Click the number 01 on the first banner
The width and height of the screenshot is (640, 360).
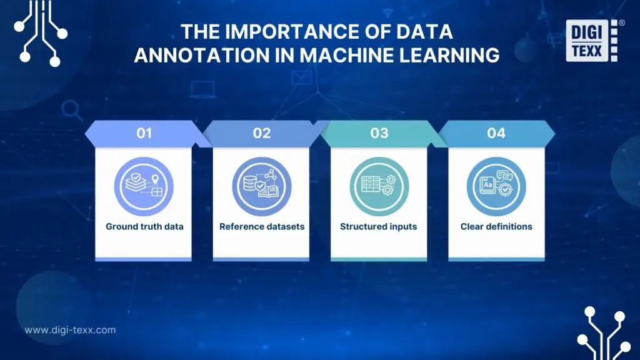(x=144, y=133)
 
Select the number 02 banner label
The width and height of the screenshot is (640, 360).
(x=261, y=133)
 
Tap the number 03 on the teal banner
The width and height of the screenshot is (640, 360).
(x=379, y=133)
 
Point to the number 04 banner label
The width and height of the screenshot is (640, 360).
(x=496, y=133)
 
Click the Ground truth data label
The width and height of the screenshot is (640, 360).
(x=144, y=226)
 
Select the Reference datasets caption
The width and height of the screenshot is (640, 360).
(x=262, y=226)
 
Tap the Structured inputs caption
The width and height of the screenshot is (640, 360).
(x=378, y=226)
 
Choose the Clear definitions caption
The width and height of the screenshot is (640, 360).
(x=496, y=226)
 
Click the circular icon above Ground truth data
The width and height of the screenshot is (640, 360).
(x=144, y=186)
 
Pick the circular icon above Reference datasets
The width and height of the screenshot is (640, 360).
(x=261, y=186)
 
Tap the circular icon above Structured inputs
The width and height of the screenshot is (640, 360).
(x=379, y=186)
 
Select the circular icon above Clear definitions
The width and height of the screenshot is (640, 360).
(x=496, y=186)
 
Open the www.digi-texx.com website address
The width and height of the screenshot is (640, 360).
(x=70, y=330)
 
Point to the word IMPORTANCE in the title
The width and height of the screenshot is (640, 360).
(x=293, y=32)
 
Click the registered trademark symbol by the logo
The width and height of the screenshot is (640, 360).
(x=621, y=22)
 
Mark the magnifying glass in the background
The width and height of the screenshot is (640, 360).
(x=73, y=111)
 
